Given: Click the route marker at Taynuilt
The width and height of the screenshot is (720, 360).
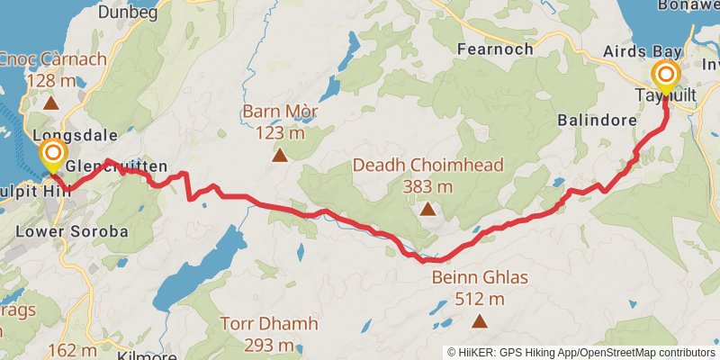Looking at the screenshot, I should coord(666,75).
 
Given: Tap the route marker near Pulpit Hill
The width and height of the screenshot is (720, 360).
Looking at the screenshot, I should coord(53,155).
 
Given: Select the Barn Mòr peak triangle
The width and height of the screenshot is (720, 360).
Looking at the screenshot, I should coord(281,156).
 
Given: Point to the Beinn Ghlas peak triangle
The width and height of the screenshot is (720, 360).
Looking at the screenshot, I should coord(480,321).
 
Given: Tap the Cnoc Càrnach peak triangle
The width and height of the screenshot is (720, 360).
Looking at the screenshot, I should coord(52,103).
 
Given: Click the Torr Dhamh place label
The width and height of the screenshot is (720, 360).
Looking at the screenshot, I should coord(257,322).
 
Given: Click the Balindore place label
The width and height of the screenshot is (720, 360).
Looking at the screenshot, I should coord(591,119).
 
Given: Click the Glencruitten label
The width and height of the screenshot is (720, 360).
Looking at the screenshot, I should coord(116,166).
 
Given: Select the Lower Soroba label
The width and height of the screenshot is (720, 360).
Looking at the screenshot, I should coord(72,231).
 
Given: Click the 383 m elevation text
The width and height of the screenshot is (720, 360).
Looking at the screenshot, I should coord(427,187).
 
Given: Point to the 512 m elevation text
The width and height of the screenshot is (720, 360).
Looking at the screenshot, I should coord(479,299).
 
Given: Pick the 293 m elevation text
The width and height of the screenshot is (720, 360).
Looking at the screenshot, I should coord(257,345).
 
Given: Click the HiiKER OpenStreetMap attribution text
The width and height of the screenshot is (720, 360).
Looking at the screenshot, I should coord(580,352).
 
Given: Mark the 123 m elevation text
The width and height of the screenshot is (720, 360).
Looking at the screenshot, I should coord(281,133).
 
